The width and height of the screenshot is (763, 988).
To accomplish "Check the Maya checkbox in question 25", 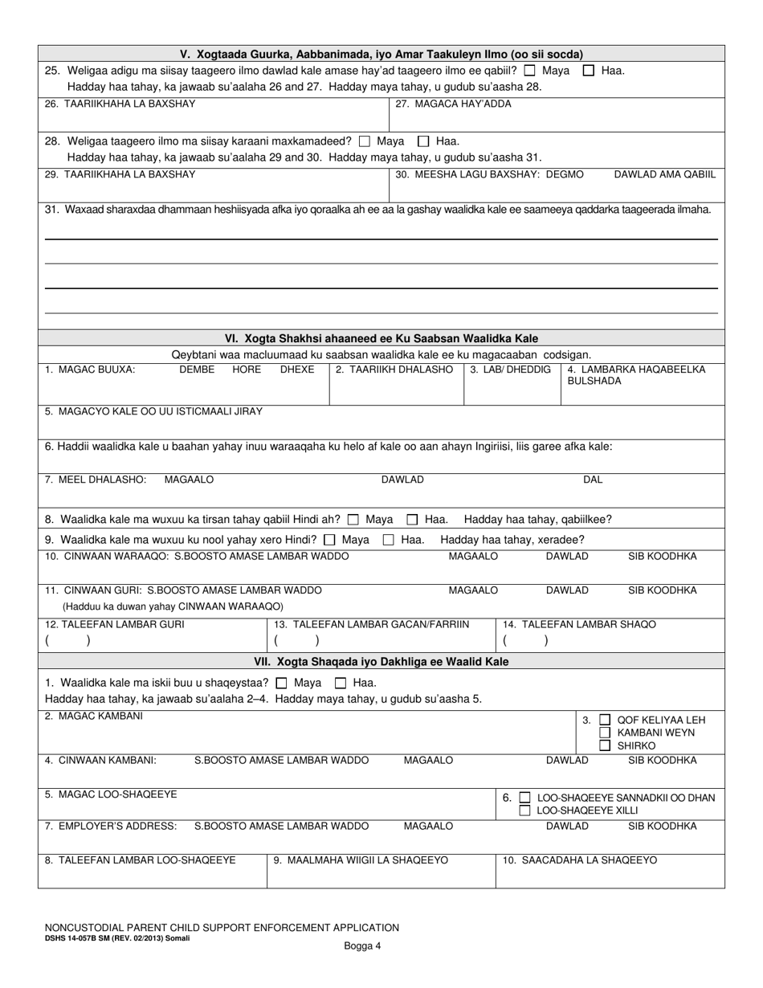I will pos(529,71).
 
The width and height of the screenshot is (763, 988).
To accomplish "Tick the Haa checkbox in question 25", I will pos(588,71).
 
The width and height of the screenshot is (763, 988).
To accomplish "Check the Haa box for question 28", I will pos(423,141).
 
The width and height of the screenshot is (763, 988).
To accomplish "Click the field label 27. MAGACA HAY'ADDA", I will pos(453,104).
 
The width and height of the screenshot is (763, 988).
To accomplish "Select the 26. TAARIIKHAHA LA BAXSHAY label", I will pos(120,104).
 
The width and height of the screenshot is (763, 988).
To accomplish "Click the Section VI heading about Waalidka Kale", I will pos(381,338).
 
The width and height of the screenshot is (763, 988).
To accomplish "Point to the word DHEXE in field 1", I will pos(296,369).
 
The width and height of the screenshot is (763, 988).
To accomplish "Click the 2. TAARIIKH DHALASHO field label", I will pos(394,369).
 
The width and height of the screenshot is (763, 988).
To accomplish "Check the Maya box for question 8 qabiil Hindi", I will pos(353,520).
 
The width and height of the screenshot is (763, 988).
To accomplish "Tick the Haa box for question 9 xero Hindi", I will pos(388,541).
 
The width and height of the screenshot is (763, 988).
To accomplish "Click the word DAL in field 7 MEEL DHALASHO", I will pos(593,480).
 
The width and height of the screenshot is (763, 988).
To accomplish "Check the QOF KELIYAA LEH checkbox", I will pos(605,720).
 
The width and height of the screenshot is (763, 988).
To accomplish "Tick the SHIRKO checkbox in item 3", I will pos(605,745).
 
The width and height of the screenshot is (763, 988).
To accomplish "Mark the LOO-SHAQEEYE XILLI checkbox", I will pos(524,810).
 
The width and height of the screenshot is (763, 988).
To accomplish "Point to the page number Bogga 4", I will pos(362,946).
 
